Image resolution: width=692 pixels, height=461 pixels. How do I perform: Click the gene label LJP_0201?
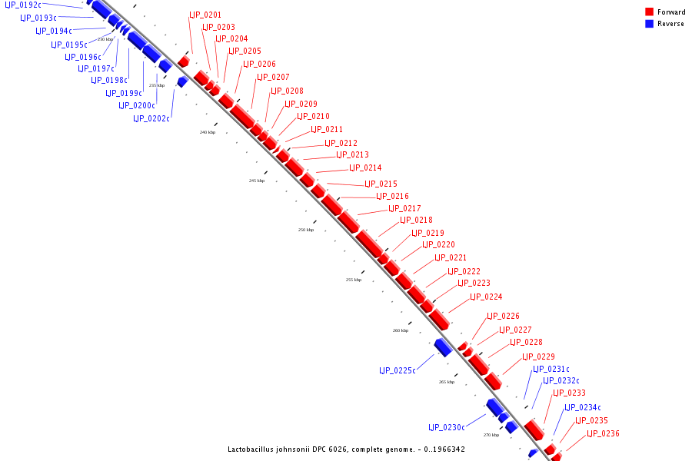[x=205, y=15]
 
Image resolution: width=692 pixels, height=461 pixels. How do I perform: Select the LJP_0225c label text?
[x=397, y=370]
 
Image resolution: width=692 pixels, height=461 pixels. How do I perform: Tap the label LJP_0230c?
[x=446, y=427]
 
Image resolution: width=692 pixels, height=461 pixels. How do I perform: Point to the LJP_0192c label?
[x=24, y=5]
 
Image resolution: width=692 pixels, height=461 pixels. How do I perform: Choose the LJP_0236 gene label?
[x=603, y=433]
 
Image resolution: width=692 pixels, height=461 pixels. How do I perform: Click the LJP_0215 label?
[x=381, y=184]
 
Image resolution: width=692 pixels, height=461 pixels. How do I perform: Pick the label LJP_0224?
[x=486, y=297]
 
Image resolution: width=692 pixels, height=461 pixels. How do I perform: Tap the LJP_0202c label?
[x=151, y=118]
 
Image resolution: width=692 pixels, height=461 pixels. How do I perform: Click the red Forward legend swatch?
[x=649, y=12]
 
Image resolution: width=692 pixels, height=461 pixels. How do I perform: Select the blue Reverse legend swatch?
[x=649, y=24]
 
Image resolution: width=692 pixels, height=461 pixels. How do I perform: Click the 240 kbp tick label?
[x=208, y=132]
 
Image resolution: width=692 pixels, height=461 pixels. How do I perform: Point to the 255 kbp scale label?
[x=354, y=280]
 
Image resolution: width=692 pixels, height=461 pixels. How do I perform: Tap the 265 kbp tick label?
[x=447, y=382]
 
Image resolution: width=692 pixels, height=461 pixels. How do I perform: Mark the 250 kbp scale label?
[x=306, y=230]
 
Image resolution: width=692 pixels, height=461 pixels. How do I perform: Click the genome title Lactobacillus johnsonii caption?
[x=346, y=449]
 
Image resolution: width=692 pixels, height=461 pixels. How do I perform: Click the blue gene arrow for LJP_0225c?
[x=443, y=347]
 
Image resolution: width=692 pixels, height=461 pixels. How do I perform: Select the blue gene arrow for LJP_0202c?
[x=182, y=81]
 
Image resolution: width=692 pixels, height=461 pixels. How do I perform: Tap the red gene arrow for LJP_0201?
[x=184, y=61]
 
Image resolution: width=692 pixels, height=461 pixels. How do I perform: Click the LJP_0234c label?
[x=583, y=407]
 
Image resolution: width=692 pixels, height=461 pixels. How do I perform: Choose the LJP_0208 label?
[x=287, y=91]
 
